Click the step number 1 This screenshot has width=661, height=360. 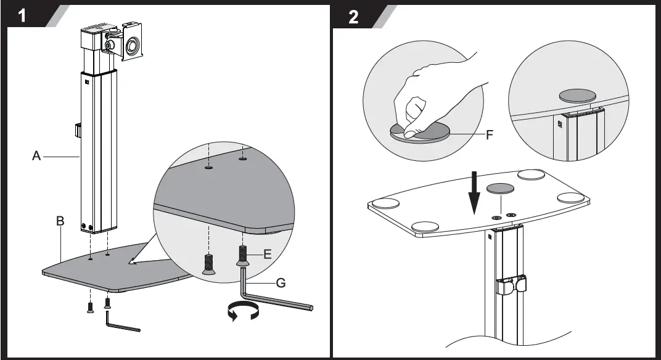coord(22,15)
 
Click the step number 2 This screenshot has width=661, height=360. coord(353,17)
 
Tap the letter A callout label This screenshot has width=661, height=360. coord(36,156)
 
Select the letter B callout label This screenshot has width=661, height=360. coord(60,221)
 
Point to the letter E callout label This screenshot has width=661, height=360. coord(267,254)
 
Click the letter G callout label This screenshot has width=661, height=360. coord(281,282)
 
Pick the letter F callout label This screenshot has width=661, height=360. coord(490,135)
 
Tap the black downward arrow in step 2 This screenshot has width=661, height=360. coord(475,193)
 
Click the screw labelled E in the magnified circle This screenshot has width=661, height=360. coord(242,256)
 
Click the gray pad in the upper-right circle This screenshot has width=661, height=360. coord(578,96)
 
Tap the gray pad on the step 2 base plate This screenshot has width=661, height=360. coord(501,189)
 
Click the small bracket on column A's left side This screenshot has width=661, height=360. coord(78,130)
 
